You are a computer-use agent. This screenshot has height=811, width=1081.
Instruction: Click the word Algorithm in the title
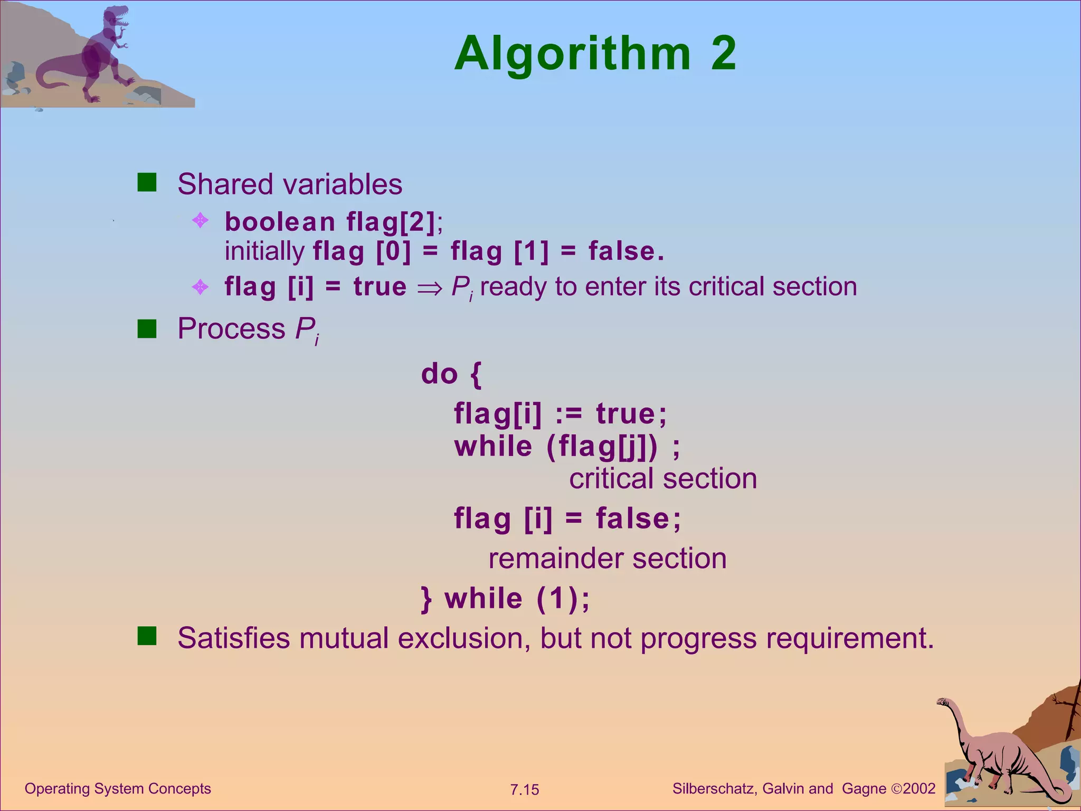coord(572,55)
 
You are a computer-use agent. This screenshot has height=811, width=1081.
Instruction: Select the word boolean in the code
coord(280,222)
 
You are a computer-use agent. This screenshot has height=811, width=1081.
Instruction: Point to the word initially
coord(264,251)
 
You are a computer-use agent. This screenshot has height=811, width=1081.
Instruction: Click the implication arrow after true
coord(429,288)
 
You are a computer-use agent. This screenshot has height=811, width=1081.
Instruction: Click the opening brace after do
coord(475,374)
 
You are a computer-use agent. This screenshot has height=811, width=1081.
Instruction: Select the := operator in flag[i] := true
coord(568,414)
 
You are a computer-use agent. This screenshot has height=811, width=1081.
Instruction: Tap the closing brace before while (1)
coord(426,599)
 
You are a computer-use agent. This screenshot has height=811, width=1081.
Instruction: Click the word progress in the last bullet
coord(698,638)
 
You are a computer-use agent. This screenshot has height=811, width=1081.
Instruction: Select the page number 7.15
coord(524,789)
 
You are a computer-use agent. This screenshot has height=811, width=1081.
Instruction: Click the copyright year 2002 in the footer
coord(919,788)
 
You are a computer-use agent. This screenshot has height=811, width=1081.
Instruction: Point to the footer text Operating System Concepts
coord(118,788)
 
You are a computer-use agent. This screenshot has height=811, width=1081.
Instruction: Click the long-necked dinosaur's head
coord(943,702)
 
